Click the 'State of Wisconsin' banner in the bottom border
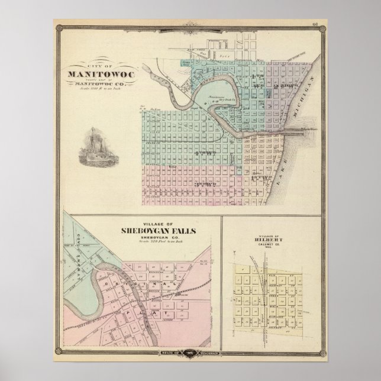(190, 352)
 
